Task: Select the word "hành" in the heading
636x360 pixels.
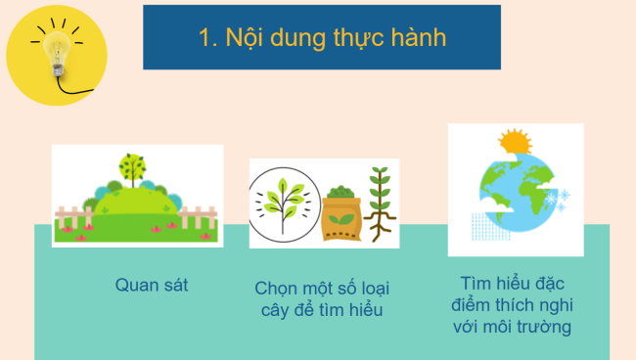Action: (418, 38)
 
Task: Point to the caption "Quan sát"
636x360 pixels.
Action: (151, 286)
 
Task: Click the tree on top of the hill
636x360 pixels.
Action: (130, 166)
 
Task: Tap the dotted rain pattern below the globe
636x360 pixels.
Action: (490, 228)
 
